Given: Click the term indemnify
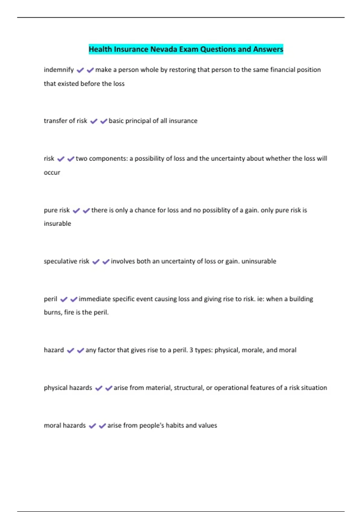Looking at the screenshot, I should click(59, 70).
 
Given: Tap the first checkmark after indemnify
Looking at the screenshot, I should click(80, 70).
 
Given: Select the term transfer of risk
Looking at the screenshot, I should click(65, 121).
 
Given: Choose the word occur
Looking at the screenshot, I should click(52, 173).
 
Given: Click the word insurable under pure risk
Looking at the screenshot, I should click(57, 223).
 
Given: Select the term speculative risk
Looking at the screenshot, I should click(66, 261).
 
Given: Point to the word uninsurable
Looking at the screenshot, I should click(259, 261).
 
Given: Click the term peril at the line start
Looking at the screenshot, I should click(50, 299).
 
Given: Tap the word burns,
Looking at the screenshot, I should click(53, 312).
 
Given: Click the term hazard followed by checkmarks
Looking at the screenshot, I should click(54, 350).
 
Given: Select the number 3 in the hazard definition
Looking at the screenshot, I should click(191, 350).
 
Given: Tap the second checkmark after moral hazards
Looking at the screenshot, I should click(102, 426).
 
